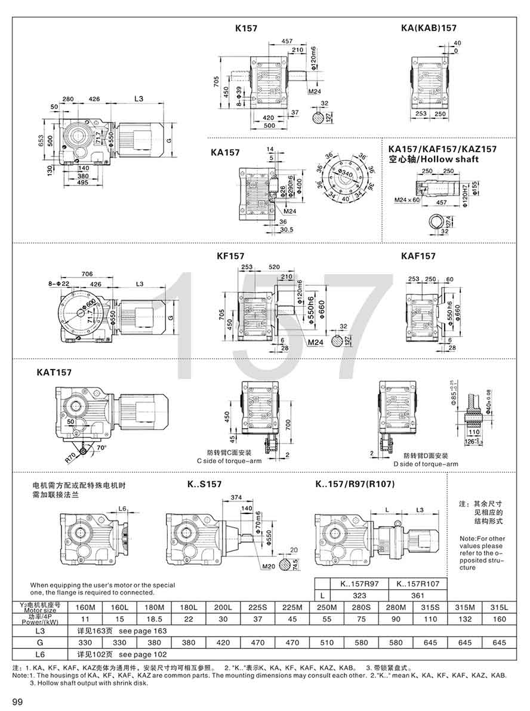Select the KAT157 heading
point(54,373)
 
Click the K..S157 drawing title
point(204,484)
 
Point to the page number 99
point(17,701)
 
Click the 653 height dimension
point(42,139)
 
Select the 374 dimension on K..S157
point(236,497)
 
